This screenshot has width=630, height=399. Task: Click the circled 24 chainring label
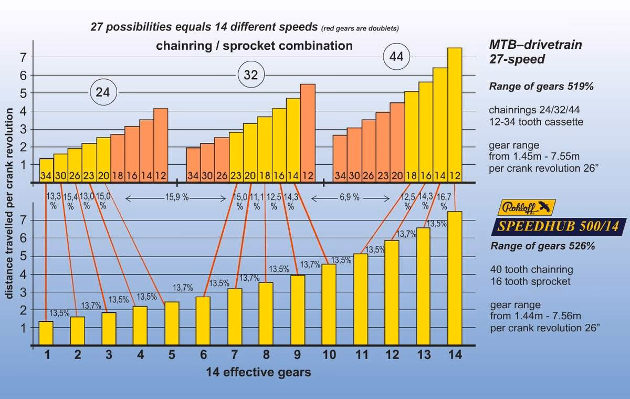[103, 92]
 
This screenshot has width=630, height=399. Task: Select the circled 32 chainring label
[250, 75]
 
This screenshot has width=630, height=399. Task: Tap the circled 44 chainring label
[396, 57]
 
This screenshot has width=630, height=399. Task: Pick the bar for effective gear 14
[455, 278]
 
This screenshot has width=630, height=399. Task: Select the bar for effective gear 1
[46, 333]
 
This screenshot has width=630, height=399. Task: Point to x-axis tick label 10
[329, 355]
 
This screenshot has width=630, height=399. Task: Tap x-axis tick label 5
[172, 355]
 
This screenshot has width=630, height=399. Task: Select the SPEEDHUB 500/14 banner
[558, 227]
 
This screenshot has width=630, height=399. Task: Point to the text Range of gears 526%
[542, 246]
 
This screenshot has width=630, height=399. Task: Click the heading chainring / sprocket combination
[254, 46]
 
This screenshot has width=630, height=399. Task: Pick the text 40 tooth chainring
[531, 270]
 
